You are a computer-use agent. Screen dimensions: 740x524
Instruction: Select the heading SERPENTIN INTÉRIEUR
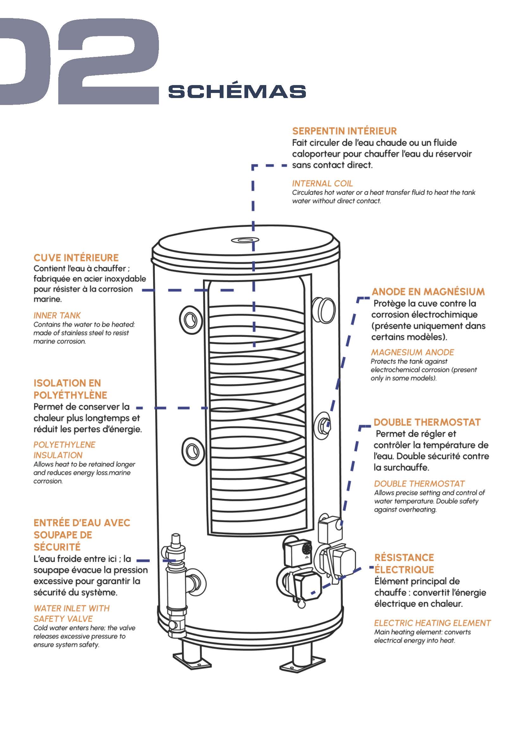tap(344, 131)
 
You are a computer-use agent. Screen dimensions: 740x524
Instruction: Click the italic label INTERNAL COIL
tap(322, 183)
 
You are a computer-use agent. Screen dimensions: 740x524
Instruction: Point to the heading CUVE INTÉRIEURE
tap(76, 257)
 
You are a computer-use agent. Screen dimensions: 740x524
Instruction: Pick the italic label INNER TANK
tap(57, 315)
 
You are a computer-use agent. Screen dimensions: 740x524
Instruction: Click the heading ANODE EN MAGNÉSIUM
tap(428, 292)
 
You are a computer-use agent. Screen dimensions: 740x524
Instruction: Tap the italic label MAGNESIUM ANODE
tap(412, 352)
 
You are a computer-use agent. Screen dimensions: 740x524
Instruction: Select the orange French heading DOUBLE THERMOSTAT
tap(427, 422)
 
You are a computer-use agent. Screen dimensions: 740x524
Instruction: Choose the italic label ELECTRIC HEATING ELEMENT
tap(432, 623)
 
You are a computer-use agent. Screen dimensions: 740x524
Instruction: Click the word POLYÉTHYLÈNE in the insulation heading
tap(70, 395)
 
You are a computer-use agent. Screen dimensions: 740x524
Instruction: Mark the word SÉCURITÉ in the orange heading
tap(57, 547)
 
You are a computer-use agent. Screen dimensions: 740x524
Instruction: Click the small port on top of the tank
tap(245, 240)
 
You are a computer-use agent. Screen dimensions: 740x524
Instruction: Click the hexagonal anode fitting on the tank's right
tap(323, 426)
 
